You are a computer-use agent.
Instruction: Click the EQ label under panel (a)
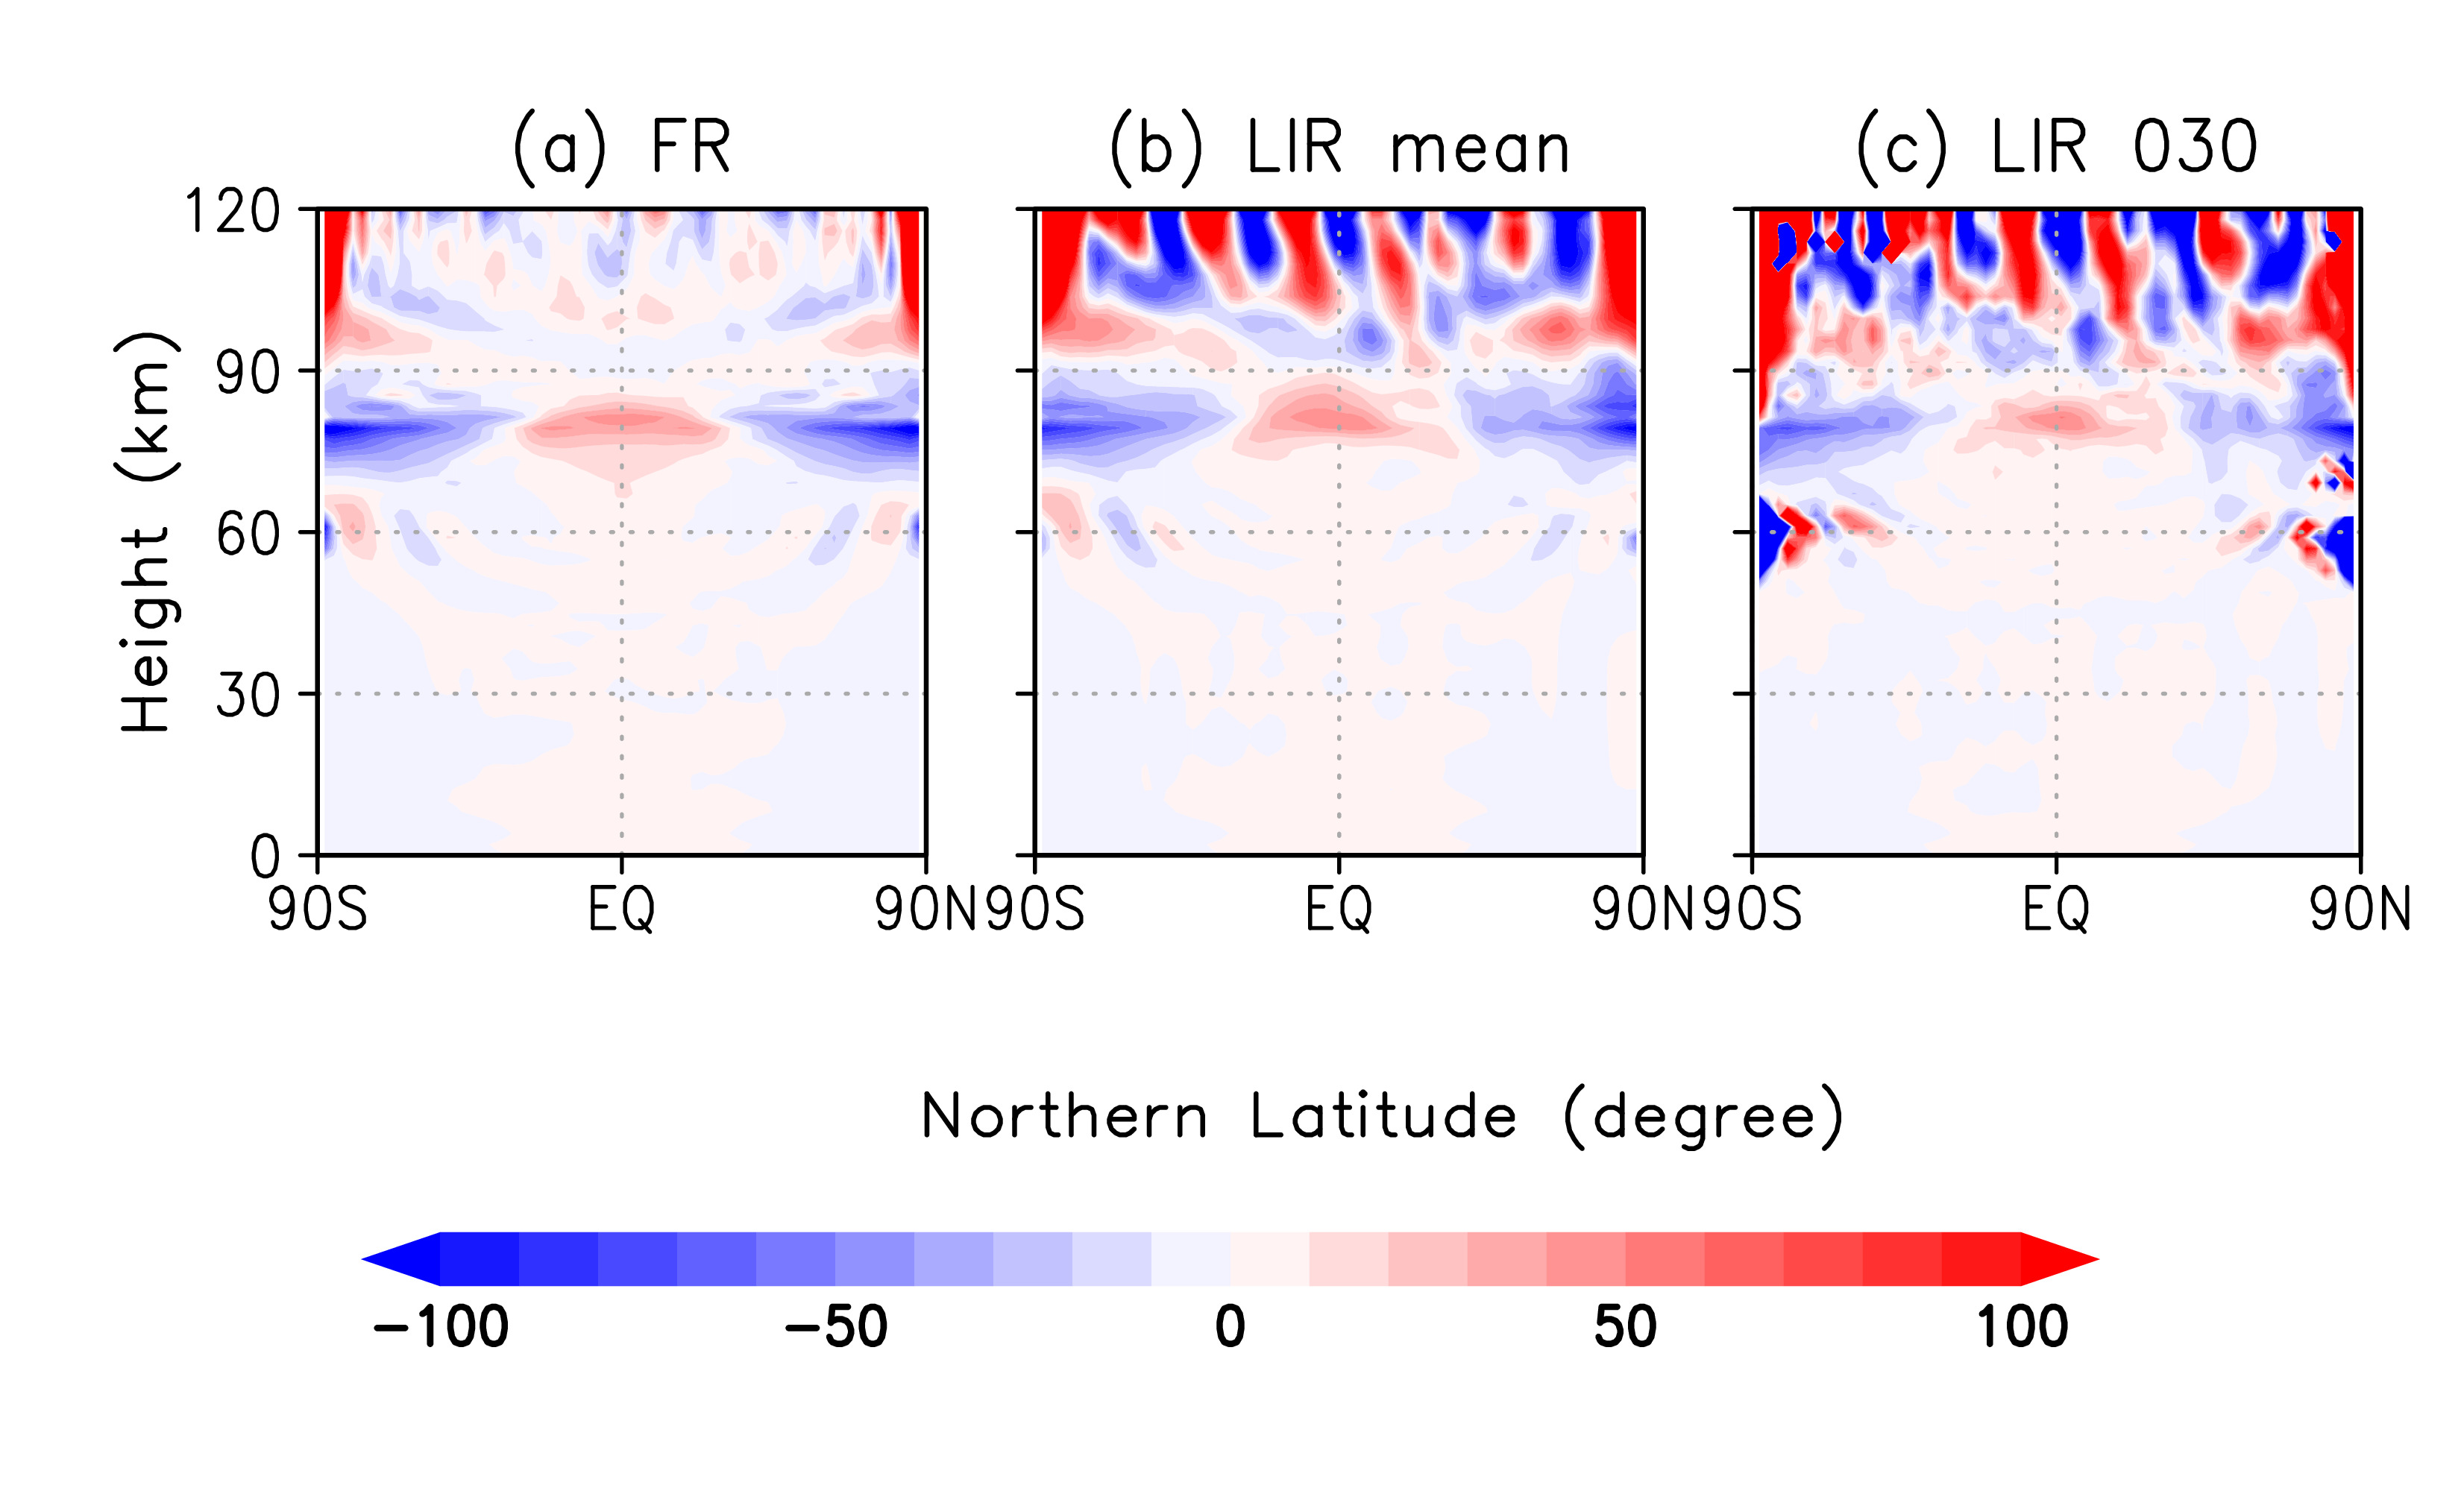coord(621,910)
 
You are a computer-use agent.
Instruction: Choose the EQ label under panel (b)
coord(1339,910)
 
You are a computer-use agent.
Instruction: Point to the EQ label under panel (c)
coord(2057,910)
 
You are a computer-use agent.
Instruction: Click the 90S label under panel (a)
coord(318,910)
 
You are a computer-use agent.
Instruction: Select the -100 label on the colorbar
coord(441,1327)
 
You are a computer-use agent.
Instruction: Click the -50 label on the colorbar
coord(836,1327)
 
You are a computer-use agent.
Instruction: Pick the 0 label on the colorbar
coord(1230,1327)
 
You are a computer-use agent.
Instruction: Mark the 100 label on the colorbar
coord(2022,1327)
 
